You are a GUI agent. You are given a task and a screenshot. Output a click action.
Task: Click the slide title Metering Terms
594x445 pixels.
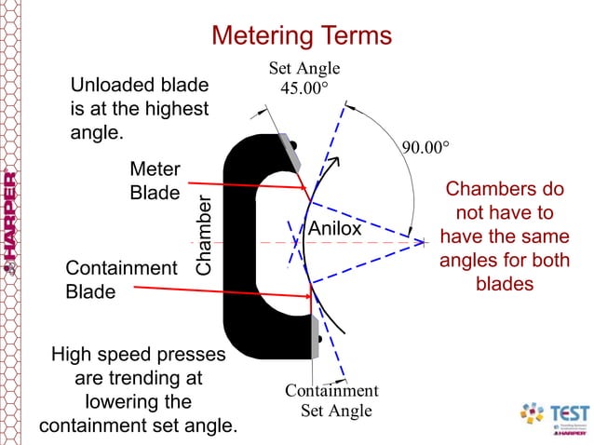[302, 35]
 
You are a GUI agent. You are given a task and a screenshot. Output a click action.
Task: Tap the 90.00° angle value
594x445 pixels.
[425, 148]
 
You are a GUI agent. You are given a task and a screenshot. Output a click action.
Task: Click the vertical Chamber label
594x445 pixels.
[204, 236]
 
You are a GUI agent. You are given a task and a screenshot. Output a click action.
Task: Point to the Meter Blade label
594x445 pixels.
[155, 182]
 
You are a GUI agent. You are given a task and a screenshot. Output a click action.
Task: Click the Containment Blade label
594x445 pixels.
[120, 279]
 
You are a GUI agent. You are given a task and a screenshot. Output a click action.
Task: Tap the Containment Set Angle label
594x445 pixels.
[331, 400]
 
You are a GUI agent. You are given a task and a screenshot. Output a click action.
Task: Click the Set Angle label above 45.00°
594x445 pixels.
[304, 68]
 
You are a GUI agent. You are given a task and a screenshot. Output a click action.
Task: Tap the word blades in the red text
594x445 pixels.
[504, 284]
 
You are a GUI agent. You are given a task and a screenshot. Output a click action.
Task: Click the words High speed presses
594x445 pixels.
[137, 355]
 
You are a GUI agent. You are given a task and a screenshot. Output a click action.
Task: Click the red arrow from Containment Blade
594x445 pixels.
[223, 292]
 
